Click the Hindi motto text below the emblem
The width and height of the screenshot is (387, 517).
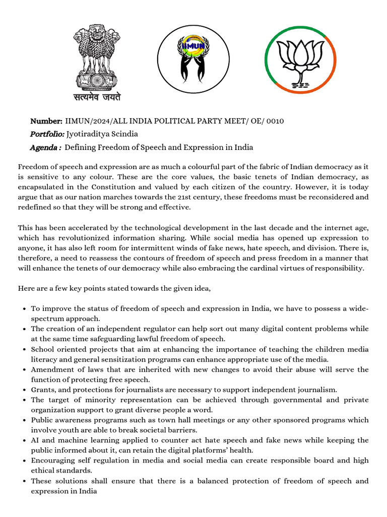tap(98, 96)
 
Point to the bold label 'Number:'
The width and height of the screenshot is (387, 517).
tap(46, 121)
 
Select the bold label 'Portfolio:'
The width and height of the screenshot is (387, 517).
tap(47, 134)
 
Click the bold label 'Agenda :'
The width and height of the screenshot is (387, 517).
tap(45, 147)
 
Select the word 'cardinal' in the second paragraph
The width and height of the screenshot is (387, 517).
tap(261, 268)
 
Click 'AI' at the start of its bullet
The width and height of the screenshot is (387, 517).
tap(35, 440)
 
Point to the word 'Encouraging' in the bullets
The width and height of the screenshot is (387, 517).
tap(53, 460)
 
